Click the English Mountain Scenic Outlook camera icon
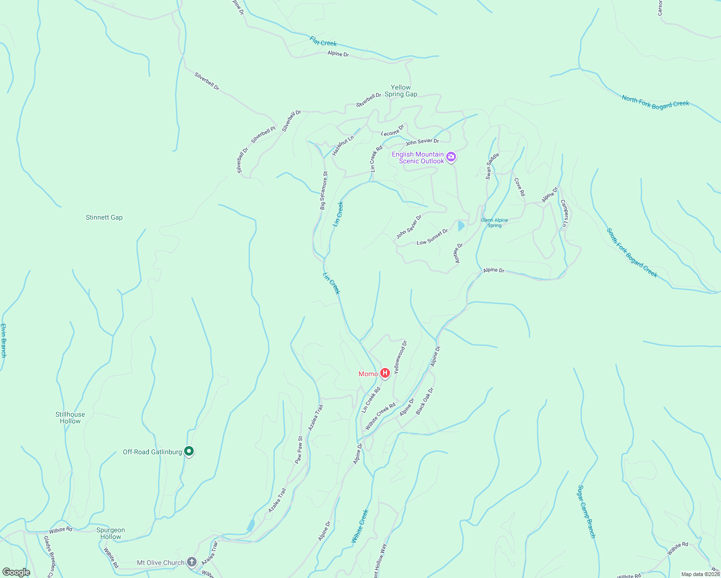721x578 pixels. pos(451,157)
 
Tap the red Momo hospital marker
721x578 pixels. pos(385,373)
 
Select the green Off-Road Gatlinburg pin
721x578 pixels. pos(189,451)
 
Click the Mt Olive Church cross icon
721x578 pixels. pos(192,562)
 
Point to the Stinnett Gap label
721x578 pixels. pos(104,218)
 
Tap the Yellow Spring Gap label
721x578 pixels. pos(401,91)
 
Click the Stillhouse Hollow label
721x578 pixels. pos(70,418)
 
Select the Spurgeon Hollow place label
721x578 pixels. pos(110,533)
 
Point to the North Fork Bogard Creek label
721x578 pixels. pos(655,103)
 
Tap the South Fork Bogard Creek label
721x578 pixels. pos(632,253)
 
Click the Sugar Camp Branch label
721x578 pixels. pos(587,512)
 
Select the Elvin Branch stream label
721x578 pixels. pos(3,340)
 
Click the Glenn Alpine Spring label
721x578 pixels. pos(494,223)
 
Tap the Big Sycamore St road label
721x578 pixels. pos(323,190)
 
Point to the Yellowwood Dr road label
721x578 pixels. pos(401,357)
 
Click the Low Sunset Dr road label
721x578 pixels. pos(432,237)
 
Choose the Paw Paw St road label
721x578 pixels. pos(299,450)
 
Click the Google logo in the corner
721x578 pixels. pos(16,572)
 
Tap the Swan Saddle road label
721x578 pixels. pos(492,166)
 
